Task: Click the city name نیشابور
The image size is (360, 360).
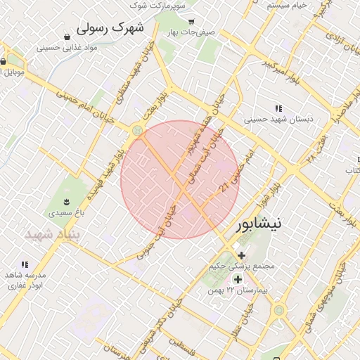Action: coord(257,224)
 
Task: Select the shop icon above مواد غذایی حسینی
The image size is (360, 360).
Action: coord(67,37)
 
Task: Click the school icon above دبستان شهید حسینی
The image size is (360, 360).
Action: coord(278,108)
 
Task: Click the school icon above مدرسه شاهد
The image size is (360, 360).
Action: coord(25,264)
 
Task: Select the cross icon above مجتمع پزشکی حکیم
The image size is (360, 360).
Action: coord(242,255)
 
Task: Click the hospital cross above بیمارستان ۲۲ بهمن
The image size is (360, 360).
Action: coord(238,279)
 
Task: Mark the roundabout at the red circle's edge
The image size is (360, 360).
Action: coord(136,131)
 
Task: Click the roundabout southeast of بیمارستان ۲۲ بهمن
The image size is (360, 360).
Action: coord(279,309)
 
